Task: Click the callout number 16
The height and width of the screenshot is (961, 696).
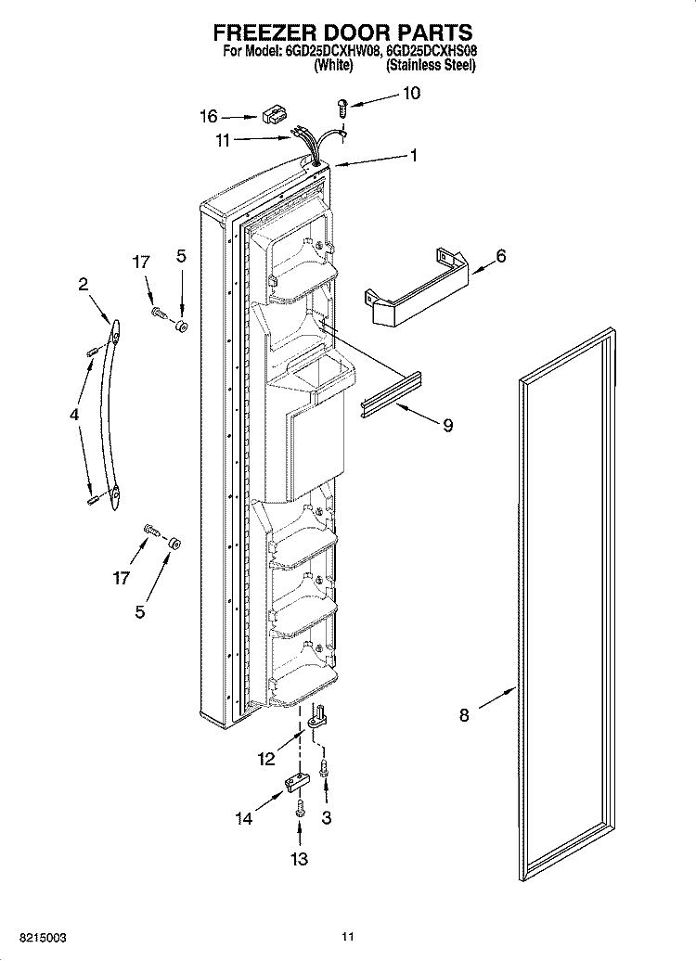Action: pyautogui.click(x=209, y=116)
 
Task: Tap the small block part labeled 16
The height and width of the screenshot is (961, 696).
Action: pyautogui.click(x=275, y=115)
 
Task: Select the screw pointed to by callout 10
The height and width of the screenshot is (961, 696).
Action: pyautogui.click(x=342, y=108)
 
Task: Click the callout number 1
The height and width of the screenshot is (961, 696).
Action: pyautogui.click(x=414, y=156)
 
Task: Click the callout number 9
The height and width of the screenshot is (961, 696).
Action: pyautogui.click(x=448, y=425)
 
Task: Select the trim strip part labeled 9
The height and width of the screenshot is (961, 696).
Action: pyautogui.click(x=391, y=395)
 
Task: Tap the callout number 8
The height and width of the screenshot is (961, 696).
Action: pyautogui.click(x=464, y=714)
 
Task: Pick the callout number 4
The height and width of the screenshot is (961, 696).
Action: pyautogui.click(x=74, y=415)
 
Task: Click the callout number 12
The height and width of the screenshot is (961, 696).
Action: pyautogui.click(x=266, y=760)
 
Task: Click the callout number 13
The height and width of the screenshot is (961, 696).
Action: pyautogui.click(x=299, y=859)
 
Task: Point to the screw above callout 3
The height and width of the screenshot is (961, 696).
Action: pyautogui.click(x=325, y=766)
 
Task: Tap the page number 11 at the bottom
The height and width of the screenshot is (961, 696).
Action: pyautogui.click(x=348, y=937)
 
